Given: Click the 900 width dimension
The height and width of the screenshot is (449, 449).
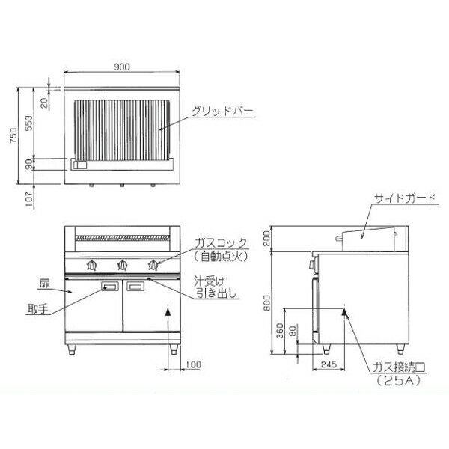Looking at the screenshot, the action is [x=122, y=67].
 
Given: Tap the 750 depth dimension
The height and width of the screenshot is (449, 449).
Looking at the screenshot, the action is [x=13, y=135].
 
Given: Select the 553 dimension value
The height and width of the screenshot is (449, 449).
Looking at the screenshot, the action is [x=28, y=123].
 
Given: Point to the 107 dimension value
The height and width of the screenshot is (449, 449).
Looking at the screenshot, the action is [x=29, y=199].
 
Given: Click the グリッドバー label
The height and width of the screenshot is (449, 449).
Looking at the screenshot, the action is [x=222, y=111].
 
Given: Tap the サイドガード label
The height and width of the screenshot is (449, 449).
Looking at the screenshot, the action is [x=405, y=198].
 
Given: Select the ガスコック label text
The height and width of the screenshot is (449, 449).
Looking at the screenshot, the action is [x=221, y=243].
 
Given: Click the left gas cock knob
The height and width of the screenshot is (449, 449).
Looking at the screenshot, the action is [x=91, y=266].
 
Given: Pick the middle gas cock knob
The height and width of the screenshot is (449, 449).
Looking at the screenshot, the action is [x=123, y=266].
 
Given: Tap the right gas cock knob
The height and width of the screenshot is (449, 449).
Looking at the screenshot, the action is [x=153, y=266].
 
